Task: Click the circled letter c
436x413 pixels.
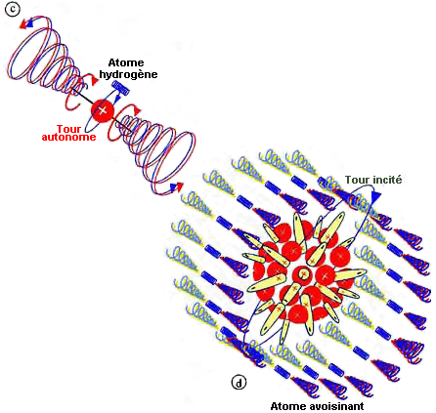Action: click(13, 9)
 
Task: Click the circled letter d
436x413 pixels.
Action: click(239, 383)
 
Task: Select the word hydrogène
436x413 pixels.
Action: click(128, 74)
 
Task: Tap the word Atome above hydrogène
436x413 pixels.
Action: click(126, 62)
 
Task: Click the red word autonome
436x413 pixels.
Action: click(68, 137)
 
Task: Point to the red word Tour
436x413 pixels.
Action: click(69, 129)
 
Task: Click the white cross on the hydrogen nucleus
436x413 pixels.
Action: click(103, 110)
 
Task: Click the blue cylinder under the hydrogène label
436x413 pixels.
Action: click(120, 88)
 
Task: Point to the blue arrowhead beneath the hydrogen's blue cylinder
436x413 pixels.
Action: click(118, 97)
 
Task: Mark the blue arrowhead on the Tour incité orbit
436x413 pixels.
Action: click(376, 196)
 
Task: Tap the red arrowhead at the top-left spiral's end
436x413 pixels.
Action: click(23, 25)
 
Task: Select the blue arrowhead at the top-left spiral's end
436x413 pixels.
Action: click(30, 22)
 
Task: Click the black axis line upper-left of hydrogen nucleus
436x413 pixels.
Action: click(82, 97)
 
